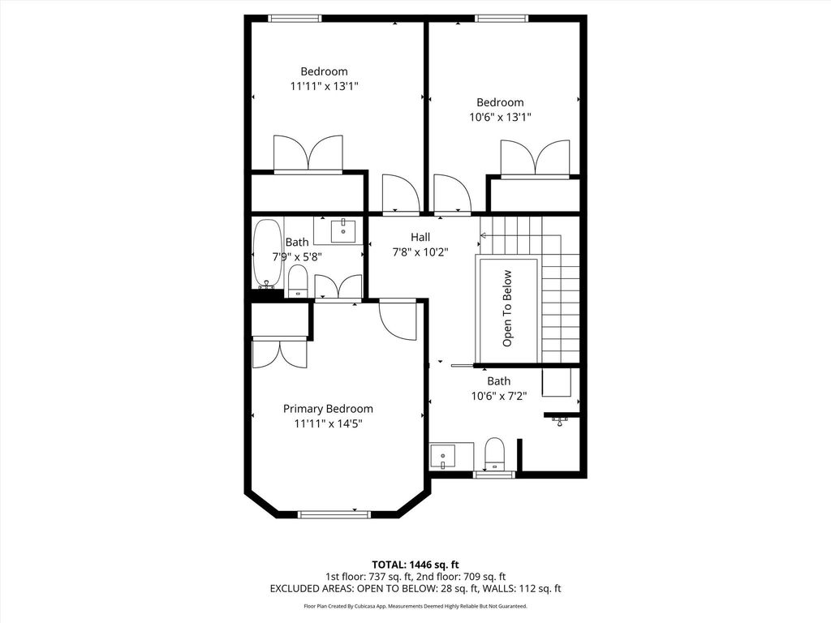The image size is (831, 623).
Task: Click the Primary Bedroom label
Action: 328,409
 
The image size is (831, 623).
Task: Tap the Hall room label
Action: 420,238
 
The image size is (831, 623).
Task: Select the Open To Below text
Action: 507,308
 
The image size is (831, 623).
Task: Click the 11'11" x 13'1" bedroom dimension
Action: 325,86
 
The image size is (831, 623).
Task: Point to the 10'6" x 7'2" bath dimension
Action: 499,396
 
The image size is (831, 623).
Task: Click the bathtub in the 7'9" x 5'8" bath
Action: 268,254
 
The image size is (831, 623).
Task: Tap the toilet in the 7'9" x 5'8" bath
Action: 298,281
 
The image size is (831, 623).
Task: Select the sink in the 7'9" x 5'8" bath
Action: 343,231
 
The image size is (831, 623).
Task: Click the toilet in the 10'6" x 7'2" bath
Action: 495,453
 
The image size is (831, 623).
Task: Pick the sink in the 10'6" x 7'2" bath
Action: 442,457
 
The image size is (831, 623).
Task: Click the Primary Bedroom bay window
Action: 334,514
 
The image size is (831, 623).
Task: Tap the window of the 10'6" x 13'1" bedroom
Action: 502,19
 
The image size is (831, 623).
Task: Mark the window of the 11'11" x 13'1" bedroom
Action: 295,19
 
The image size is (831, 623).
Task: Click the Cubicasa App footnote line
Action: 415,606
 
